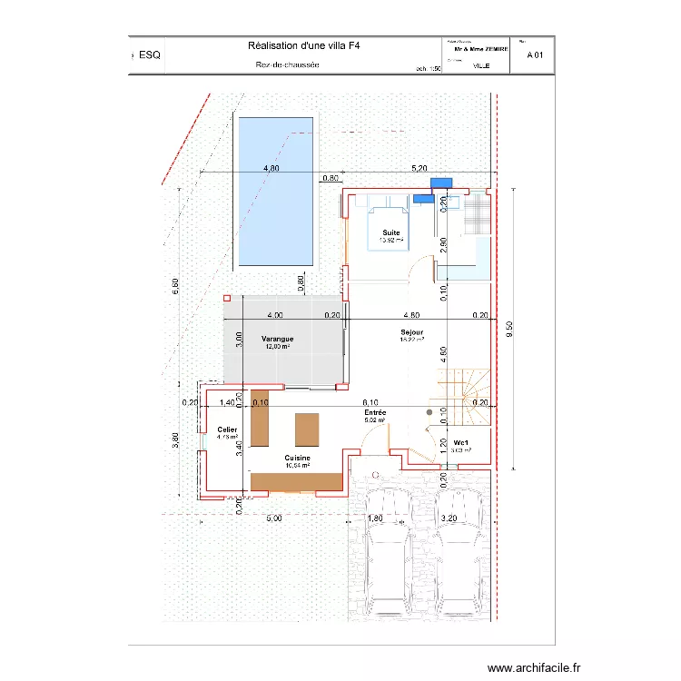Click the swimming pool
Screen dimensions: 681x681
(274, 191)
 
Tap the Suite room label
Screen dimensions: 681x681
(390, 232)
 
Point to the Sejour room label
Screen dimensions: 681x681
(412, 333)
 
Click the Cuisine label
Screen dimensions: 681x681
(297, 458)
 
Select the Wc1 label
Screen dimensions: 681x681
(462, 443)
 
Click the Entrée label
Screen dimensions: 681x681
(375, 412)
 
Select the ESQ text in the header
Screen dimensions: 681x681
(149, 55)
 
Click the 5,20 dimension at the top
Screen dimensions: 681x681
(419, 168)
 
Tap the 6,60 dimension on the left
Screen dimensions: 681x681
(175, 285)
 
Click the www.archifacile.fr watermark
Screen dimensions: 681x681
(533, 667)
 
